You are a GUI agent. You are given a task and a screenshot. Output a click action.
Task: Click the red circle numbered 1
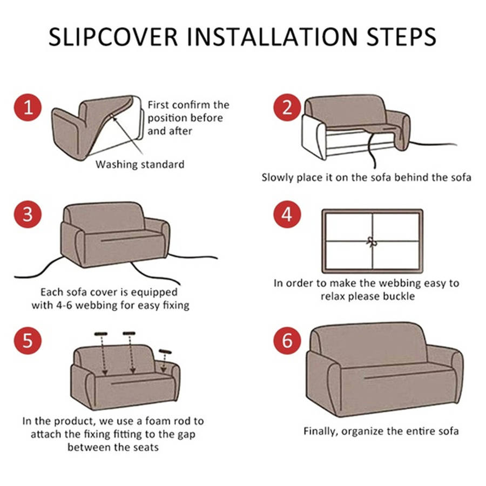[28, 107]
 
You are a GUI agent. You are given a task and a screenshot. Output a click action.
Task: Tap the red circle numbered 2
[287, 107]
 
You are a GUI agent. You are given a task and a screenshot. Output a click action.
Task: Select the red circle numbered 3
[28, 214]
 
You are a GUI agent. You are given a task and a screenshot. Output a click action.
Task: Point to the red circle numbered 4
[287, 214]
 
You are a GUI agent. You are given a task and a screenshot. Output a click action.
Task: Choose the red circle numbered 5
[28, 340]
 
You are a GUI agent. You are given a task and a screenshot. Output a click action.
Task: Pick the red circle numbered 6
[287, 340]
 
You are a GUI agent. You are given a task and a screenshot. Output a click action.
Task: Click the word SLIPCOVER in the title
[113, 37]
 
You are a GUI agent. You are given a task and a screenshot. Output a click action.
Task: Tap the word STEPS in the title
[401, 37]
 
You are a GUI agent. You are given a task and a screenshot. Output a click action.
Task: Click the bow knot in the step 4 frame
[372, 242]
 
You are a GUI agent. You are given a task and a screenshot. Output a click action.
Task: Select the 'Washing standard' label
[140, 164]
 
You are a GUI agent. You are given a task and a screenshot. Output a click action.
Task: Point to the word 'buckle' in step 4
[399, 296]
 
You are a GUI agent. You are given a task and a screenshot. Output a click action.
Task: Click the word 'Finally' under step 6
[321, 431]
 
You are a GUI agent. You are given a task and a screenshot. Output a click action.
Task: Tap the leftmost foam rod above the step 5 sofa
[101, 334]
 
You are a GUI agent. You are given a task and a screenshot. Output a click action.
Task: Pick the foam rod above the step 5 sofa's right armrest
[165, 352]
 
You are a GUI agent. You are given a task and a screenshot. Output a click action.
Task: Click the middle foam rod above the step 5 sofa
[129, 333]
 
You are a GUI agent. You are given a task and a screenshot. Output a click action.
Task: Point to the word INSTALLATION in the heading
[272, 37]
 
